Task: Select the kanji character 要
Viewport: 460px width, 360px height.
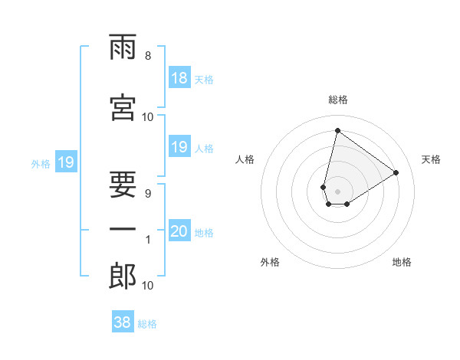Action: coord(123,178)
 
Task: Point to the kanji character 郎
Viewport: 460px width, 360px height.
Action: coord(123,277)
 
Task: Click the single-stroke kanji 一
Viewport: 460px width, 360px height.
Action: coord(123,229)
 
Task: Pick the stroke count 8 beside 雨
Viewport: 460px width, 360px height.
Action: coord(148,56)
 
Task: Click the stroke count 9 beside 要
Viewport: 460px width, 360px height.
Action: coord(148,194)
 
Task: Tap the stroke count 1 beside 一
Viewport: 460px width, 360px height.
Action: coord(148,240)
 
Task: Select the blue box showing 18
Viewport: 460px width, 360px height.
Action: coord(179,78)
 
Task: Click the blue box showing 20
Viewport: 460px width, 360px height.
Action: coord(179,231)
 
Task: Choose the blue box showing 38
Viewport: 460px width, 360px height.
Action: coord(122,322)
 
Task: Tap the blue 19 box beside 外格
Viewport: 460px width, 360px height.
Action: coord(65,162)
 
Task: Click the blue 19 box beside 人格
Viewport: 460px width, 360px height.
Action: coord(179,147)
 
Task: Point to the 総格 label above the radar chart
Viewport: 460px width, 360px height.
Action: coord(337,100)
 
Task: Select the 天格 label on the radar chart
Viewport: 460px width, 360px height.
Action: coord(431,159)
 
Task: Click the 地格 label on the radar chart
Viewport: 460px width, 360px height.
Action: coord(402,262)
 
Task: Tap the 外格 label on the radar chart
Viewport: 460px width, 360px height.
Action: coord(270,262)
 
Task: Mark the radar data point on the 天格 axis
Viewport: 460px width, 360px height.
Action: coord(396,172)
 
